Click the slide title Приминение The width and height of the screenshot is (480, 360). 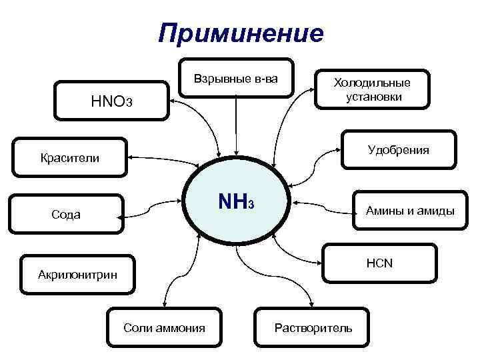click(241, 33)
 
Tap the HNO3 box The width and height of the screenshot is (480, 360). click(112, 101)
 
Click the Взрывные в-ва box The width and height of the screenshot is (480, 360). click(235, 79)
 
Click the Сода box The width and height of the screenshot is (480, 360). click(67, 214)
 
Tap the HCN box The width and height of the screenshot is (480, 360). click(379, 263)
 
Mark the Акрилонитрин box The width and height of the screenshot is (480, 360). click(77, 274)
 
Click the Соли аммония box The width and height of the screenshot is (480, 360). click(164, 327)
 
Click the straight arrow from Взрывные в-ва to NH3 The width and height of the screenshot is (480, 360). click(235, 127)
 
